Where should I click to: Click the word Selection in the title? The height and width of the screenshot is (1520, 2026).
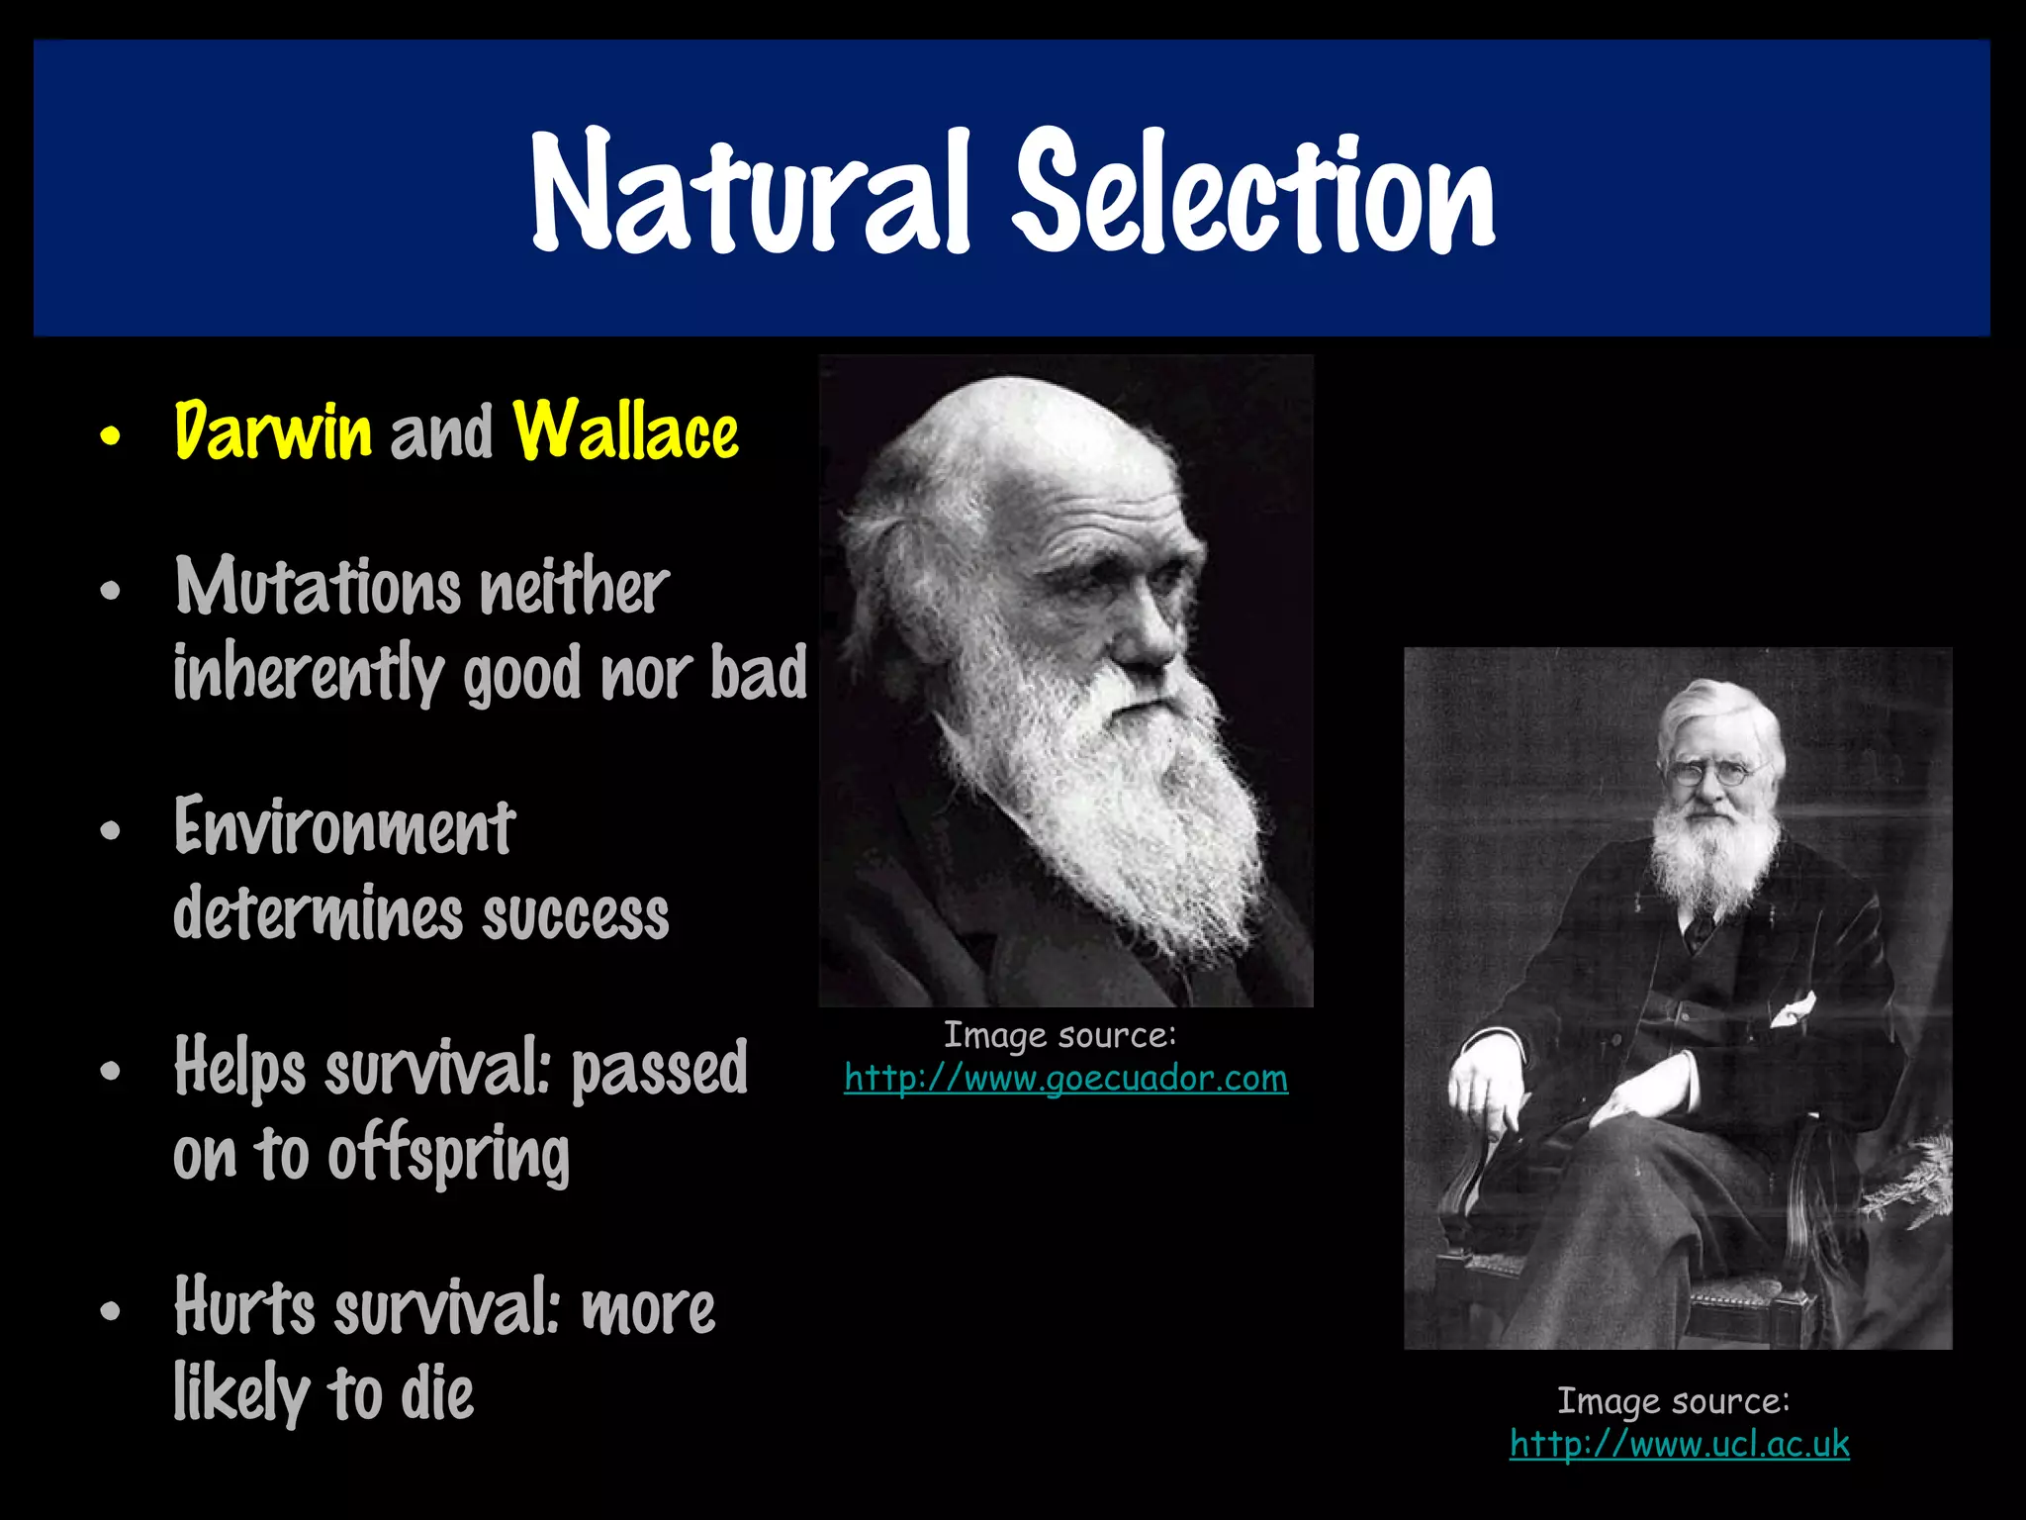point(1256,193)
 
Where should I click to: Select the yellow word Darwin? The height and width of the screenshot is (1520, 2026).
point(273,431)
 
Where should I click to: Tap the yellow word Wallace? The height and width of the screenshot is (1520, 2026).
point(626,431)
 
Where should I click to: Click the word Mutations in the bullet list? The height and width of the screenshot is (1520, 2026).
point(317,587)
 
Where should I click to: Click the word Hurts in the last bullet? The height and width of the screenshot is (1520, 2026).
point(243,1308)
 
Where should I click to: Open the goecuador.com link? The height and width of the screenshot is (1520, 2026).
point(1065,1078)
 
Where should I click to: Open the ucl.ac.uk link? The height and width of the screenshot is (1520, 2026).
point(1679,1444)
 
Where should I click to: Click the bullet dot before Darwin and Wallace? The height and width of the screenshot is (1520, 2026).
point(111,435)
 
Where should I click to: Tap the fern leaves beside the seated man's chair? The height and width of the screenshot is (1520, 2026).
point(1914,1183)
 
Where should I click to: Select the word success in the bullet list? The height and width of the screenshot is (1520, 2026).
point(576,914)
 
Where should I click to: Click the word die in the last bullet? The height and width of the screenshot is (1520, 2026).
point(436,1395)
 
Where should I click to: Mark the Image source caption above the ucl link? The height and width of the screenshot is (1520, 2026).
point(1674,1401)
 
